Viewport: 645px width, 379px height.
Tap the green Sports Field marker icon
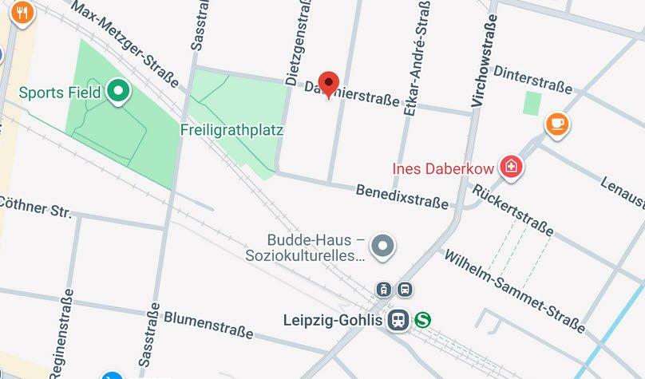119,93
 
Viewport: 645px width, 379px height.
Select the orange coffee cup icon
557,124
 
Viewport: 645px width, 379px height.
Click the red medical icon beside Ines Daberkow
507,168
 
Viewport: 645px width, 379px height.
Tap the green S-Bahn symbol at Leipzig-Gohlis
422,320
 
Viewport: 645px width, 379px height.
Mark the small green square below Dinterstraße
532,102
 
